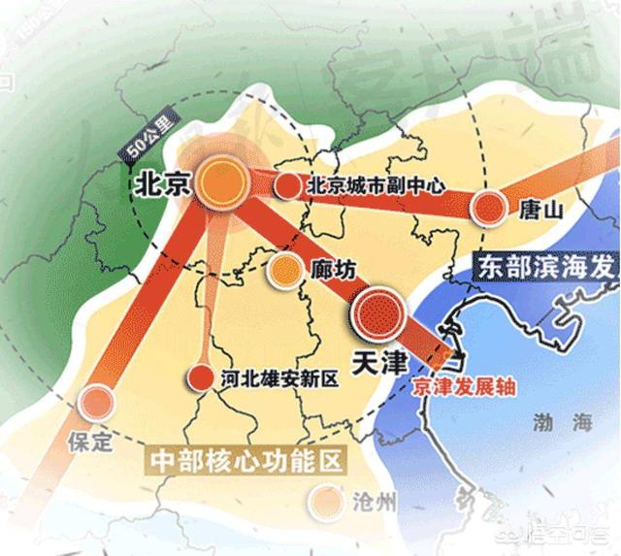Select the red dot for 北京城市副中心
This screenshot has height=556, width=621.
286,185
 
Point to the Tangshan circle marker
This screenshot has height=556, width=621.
490,207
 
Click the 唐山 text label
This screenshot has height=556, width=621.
542,208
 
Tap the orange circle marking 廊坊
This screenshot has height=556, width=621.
286,269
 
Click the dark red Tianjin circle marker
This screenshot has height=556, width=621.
380,311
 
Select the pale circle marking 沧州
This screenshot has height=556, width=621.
323,500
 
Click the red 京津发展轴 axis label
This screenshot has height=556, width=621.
462,384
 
